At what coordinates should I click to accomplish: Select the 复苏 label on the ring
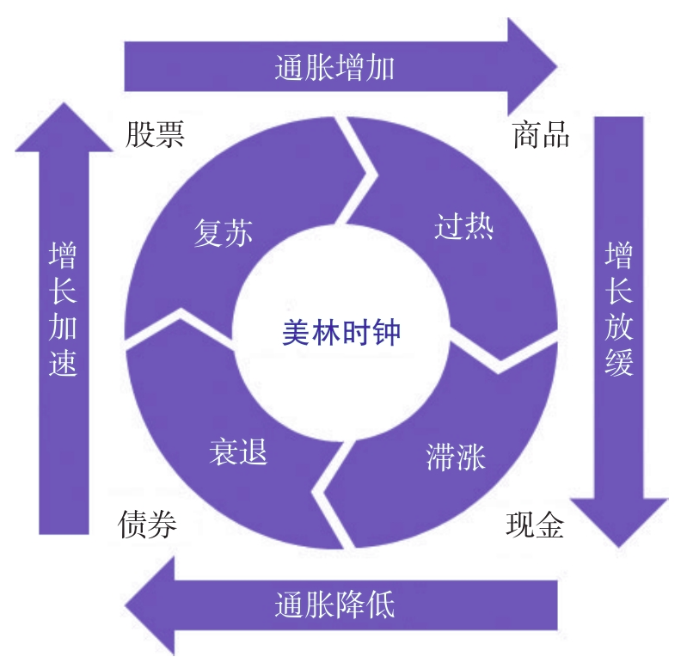pos(223,233)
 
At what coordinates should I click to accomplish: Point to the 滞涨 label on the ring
pos(456,457)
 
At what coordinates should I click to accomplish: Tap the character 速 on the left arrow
pos(64,364)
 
